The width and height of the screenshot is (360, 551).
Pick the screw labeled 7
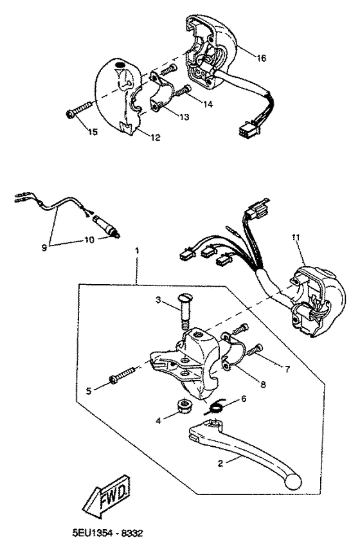coord(256,348)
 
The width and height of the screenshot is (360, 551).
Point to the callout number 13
coord(167,117)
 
